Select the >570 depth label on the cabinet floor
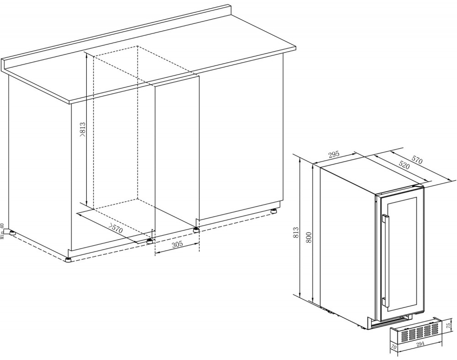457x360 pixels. click(x=115, y=228)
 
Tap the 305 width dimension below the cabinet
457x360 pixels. click(x=177, y=245)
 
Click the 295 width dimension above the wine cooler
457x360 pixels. click(x=334, y=155)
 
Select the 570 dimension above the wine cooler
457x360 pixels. click(x=416, y=160)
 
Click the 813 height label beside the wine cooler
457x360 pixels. click(x=296, y=234)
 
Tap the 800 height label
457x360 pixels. click(x=308, y=237)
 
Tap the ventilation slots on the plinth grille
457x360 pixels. click(x=416, y=333)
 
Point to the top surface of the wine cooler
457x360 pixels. click(x=370, y=176)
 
